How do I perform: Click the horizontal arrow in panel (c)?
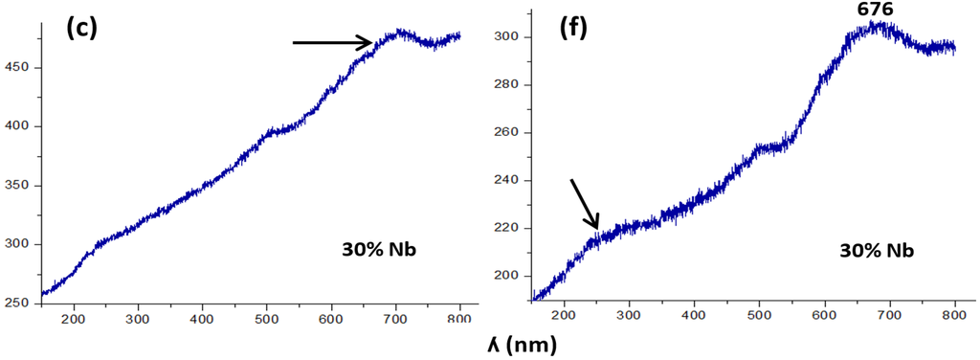tap(332, 42)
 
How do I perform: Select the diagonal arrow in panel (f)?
tap(585, 203)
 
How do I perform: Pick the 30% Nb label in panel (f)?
tap(876, 251)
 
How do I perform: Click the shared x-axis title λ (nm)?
tap(516, 343)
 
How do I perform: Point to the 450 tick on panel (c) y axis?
tap(21, 68)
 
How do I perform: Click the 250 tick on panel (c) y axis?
tap(21, 304)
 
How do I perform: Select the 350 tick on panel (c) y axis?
tap(21, 186)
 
